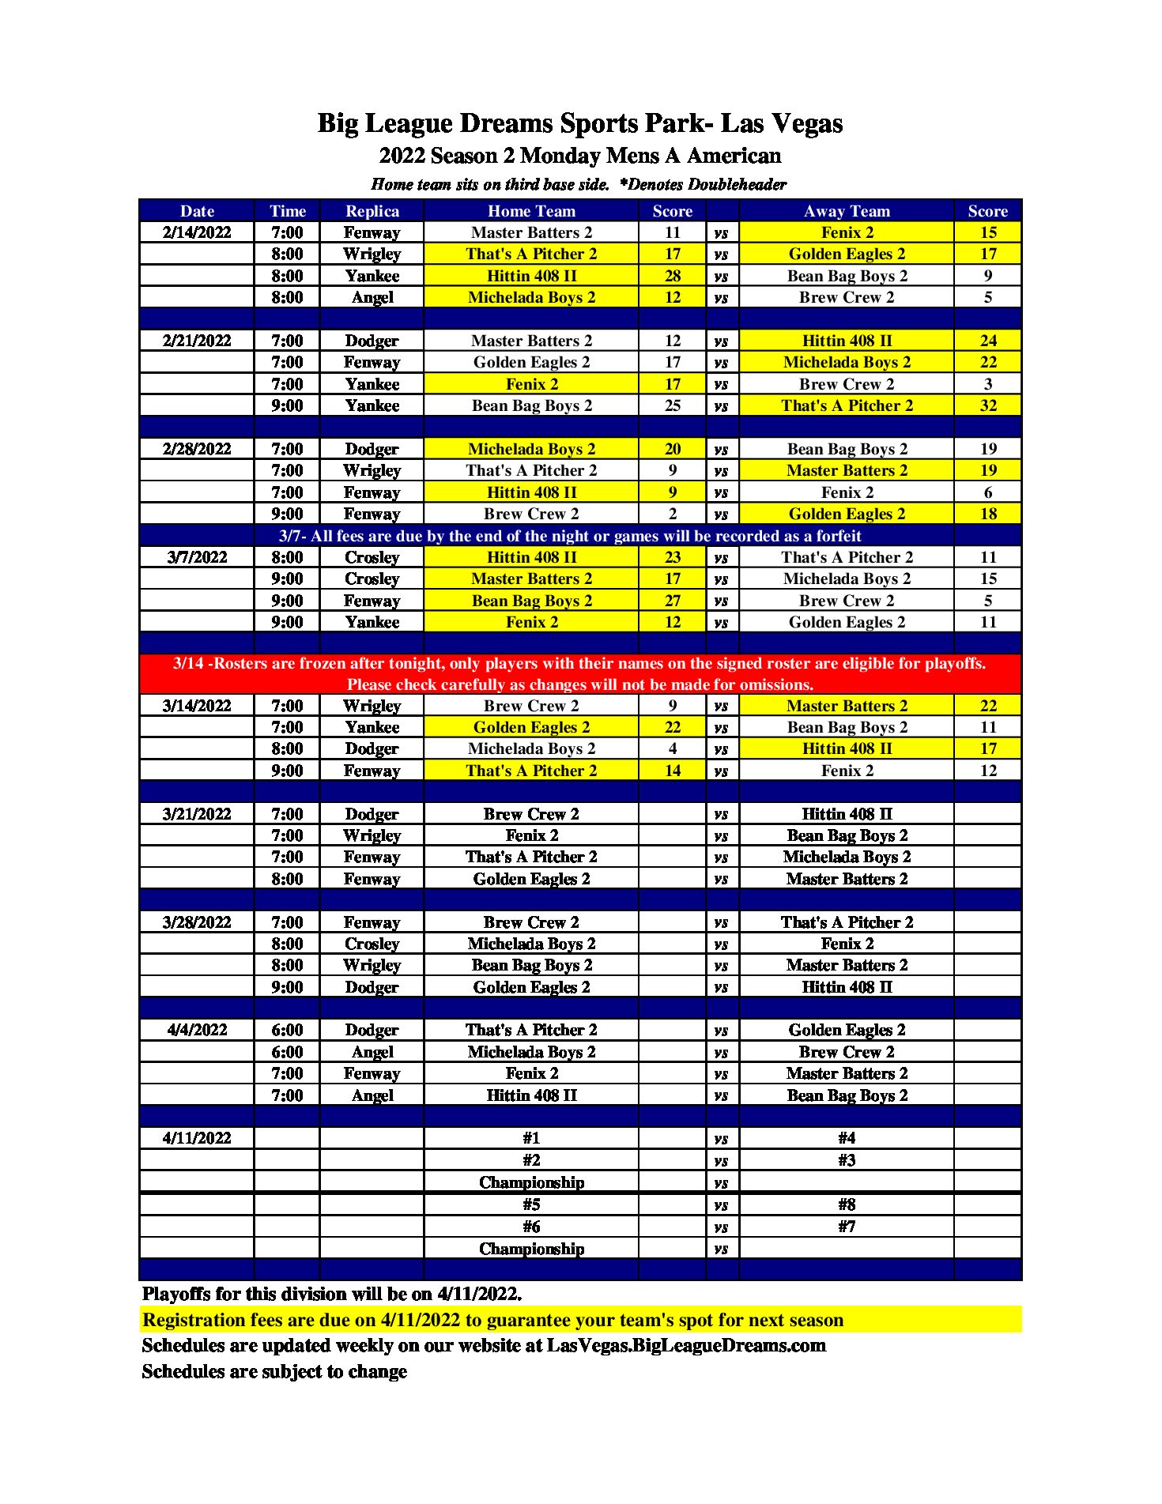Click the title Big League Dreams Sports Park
click(x=579, y=123)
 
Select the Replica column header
click(x=372, y=211)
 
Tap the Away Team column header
click(x=847, y=211)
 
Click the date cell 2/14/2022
click(x=197, y=232)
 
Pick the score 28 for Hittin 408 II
click(x=672, y=276)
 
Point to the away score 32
click(x=988, y=405)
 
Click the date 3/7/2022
click(x=197, y=557)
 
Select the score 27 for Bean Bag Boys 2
click(x=672, y=601)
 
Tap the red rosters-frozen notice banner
click(x=579, y=673)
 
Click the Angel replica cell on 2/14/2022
click(x=372, y=297)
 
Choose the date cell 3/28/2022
click(x=197, y=922)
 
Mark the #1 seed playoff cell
click(x=531, y=1138)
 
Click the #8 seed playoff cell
click(x=847, y=1204)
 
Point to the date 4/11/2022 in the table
click(x=197, y=1138)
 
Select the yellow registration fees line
click(x=492, y=1320)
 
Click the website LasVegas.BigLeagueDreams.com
click(x=685, y=1345)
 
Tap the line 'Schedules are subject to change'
click(x=274, y=1371)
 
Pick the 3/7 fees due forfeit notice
click(x=569, y=536)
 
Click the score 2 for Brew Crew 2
click(x=672, y=514)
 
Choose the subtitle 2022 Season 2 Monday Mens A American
click(x=579, y=156)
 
